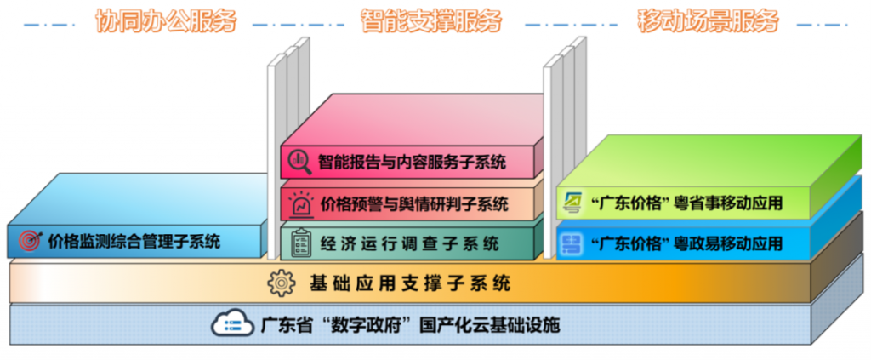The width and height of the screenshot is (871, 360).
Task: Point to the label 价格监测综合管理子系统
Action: (134, 241)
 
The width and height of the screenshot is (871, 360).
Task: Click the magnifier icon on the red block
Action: (299, 160)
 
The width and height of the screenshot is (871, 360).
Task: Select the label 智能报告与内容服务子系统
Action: (412, 160)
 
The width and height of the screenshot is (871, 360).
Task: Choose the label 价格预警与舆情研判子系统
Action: (413, 204)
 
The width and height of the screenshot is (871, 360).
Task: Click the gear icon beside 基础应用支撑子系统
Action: (280, 282)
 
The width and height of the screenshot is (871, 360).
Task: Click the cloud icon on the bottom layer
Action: (229, 324)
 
